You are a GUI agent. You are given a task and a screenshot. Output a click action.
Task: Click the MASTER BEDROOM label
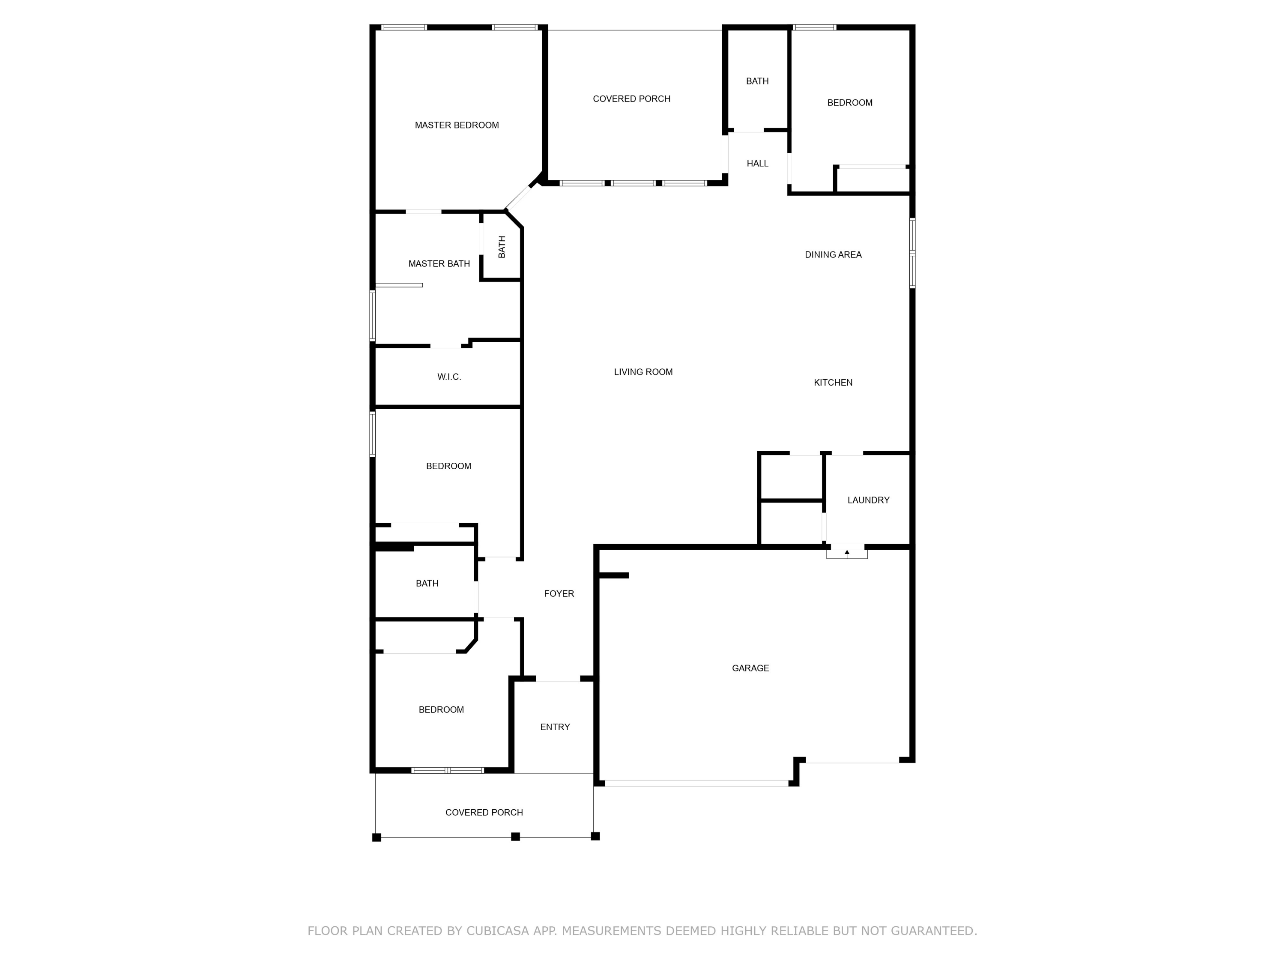coord(457,125)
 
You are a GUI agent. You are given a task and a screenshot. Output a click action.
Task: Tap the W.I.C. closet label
coord(449,377)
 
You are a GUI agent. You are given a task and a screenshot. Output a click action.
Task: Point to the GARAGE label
coord(750,668)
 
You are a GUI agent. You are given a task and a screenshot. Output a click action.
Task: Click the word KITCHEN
coord(833,382)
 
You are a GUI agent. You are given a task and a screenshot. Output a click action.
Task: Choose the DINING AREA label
coord(833,254)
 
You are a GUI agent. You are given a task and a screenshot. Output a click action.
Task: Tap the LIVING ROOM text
coord(643,372)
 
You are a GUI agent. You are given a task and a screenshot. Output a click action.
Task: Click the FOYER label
coord(559,593)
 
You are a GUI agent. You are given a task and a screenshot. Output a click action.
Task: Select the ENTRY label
coord(555,727)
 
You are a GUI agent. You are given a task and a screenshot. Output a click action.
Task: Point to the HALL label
coord(758,164)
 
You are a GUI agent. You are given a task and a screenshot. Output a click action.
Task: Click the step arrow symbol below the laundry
coord(847,553)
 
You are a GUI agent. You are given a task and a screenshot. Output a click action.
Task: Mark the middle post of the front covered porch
coord(515,837)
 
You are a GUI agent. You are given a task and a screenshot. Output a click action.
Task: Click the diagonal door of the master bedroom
coord(518,198)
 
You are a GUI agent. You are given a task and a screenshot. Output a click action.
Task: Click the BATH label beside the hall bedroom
coord(758,81)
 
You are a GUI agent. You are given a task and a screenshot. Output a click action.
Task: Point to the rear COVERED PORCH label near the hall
coord(631,99)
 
